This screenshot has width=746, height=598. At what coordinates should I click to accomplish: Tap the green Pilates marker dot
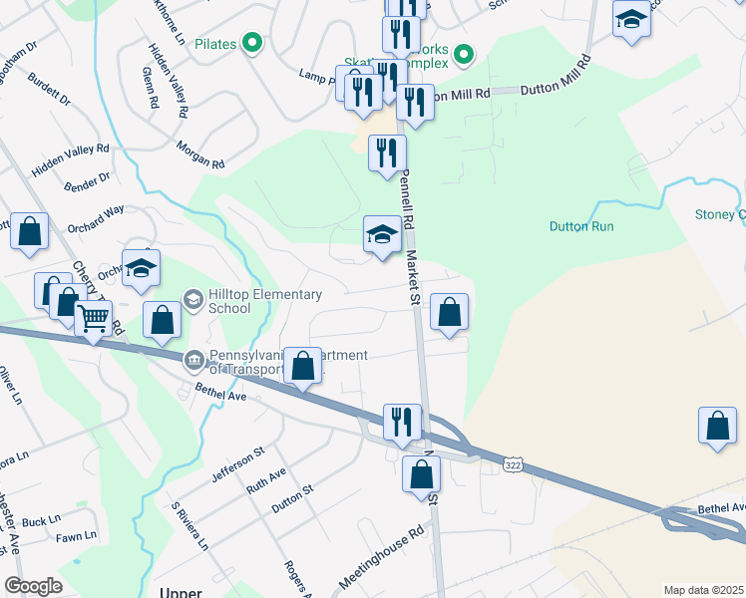pyautogui.click(x=252, y=43)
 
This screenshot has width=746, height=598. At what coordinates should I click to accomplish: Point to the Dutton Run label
pyautogui.click(x=581, y=226)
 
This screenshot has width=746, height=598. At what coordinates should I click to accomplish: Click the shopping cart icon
pyautogui.click(x=93, y=320)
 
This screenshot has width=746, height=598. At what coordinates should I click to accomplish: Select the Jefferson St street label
pyautogui.click(x=237, y=464)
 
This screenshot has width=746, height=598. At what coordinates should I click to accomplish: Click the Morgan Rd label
pyautogui.click(x=200, y=155)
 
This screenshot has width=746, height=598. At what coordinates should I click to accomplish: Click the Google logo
pyautogui.click(x=33, y=586)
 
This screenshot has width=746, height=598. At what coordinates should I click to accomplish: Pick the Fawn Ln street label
pyautogui.click(x=76, y=536)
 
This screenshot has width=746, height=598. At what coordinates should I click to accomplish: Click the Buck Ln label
pyautogui.click(x=41, y=521)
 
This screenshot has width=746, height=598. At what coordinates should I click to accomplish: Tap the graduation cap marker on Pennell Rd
pyautogui.click(x=382, y=236)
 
